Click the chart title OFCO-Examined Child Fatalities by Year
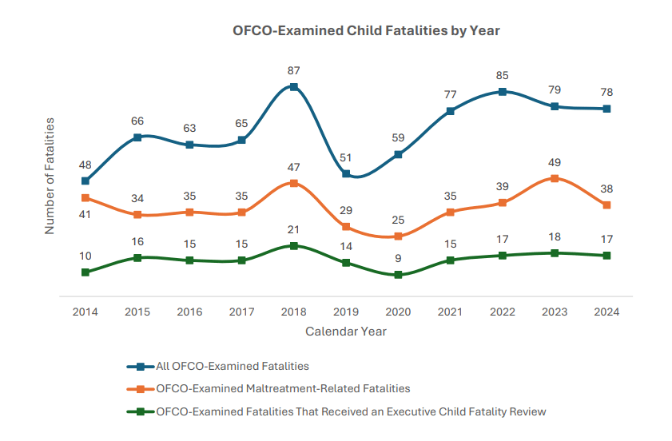pyautogui.click(x=366, y=30)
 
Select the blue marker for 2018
pyautogui.click(x=294, y=86)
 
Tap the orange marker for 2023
pyautogui.click(x=555, y=178)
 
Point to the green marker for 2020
pyautogui.click(x=398, y=275)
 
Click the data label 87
pyautogui.click(x=294, y=71)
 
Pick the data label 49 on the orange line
pyautogui.click(x=555, y=163)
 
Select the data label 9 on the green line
pyautogui.click(x=398, y=258)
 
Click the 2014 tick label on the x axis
pyautogui.click(x=85, y=312)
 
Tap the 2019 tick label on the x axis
pyautogui.click(x=346, y=312)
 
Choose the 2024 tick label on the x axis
pyautogui.click(x=606, y=312)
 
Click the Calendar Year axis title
pyautogui.click(x=346, y=331)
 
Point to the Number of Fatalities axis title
pyautogui.click(x=50, y=176)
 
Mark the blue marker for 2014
pyautogui.click(x=85, y=181)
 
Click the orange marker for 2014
pyautogui.click(x=85, y=197)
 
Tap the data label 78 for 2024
pyautogui.click(x=606, y=93)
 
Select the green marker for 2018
pyautogui.click(x=294, y=245)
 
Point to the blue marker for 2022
pyautogui.click(x=503, y=91)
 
